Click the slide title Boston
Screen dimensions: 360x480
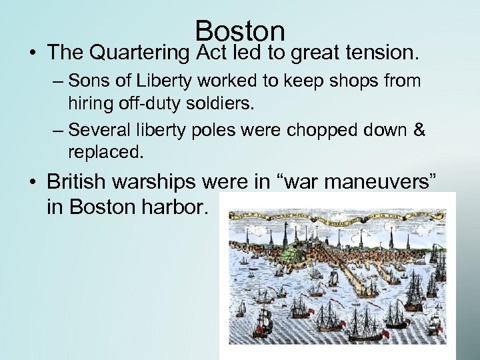point(241,31)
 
